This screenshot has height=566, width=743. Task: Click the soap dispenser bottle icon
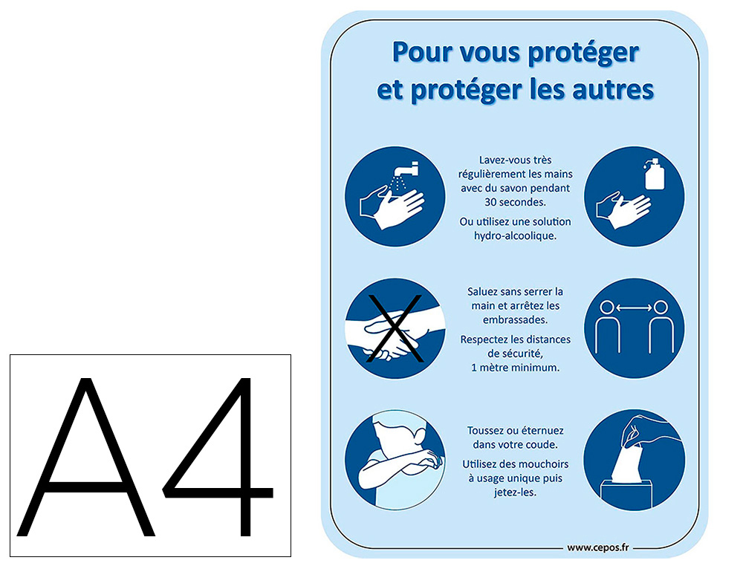[655, 174]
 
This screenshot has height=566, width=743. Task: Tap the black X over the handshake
[395, 328]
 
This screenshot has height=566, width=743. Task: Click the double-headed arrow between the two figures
[634, 308]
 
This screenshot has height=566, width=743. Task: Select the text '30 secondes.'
[515, 202]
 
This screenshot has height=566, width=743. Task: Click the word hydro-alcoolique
[515, 236]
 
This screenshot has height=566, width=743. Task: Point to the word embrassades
[515, 319]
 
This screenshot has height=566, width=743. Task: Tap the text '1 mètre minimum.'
[515, 368]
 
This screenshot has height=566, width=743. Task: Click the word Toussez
[485, 431]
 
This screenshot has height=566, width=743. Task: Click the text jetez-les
[515, 492]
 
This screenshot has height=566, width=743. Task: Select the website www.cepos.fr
[598, 548]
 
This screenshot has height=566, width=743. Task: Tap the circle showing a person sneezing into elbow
[395, 460]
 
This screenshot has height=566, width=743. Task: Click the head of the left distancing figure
[607, 308]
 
